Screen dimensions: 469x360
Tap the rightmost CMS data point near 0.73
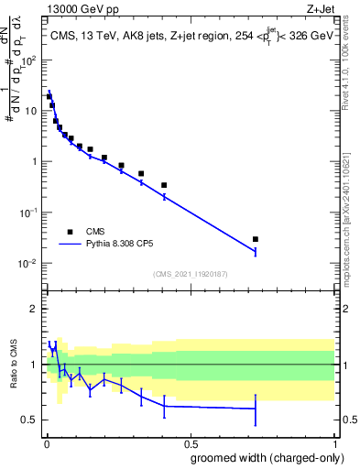[256, 239]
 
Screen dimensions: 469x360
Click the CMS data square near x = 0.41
[164, 185]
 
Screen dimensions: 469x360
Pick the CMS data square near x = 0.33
[141, 173]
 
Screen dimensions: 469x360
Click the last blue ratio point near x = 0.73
[256, 409]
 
